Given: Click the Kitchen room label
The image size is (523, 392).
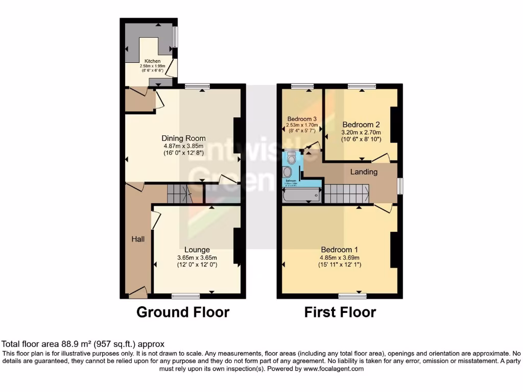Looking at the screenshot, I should click(x=152, y=61).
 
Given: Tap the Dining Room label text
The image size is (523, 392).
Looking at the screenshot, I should click(x=183, y=138).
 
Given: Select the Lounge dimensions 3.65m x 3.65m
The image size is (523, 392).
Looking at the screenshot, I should click(x=197, y=258).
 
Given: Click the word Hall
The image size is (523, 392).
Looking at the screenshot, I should click(x=137, y=238).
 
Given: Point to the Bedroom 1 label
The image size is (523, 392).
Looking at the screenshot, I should click(x=339, y=250).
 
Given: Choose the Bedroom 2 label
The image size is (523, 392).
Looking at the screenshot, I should click(x=361, y=125).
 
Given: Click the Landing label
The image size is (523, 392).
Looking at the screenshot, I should click(x=364, y=172).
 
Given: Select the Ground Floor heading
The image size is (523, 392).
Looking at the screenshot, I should click(x=183, y=312).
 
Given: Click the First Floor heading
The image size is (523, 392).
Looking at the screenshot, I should click(x=340, y=312).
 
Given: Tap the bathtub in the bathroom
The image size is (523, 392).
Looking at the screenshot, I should click(x=301, y=195).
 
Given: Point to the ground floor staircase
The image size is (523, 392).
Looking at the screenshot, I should click(x=179, y=194).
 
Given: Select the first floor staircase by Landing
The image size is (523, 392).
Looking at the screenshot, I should click(x=347, y=193).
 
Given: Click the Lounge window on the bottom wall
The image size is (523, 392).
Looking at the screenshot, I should click(x=186, y=296).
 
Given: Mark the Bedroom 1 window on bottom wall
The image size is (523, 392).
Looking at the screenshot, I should click(x=353, y=296).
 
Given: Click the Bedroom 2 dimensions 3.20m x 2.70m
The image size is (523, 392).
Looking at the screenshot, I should click(x=361, y=133).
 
